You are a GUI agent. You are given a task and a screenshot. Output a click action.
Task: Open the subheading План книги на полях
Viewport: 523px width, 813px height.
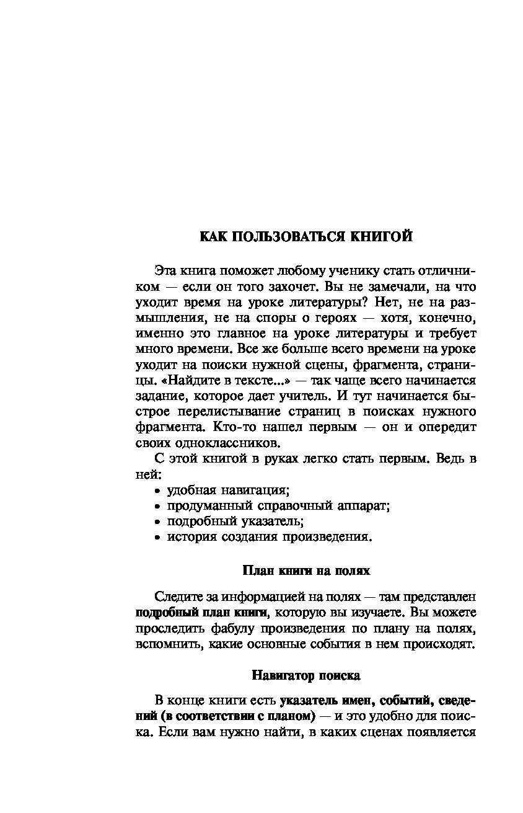pyautogui.click(x=306, y=570)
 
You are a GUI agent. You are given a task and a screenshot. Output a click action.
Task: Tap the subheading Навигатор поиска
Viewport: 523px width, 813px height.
pyautogui.click(x=306, y=674)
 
